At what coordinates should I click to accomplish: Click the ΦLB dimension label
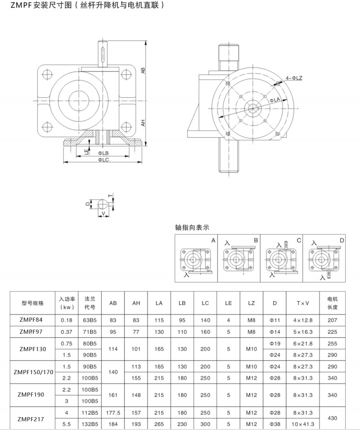[103, 153]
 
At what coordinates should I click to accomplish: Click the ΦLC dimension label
[104, 159]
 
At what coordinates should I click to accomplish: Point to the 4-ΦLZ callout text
[294, 78]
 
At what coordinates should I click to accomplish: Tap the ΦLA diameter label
[275, 100]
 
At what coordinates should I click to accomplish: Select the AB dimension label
[143, 70]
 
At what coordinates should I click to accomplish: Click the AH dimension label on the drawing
[143, 123]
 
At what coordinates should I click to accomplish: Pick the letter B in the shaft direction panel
[256, 240]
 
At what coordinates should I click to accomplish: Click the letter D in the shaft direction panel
[342, 240]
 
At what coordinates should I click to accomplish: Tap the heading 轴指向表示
[192, 227]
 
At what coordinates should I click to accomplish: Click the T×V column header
[303, 303]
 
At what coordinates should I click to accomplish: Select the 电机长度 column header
[332, 303]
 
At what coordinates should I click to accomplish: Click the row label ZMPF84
[31, 320]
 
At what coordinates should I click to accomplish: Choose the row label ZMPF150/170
[33, 372]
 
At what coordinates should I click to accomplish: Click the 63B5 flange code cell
[90, 320]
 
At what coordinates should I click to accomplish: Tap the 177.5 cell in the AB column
[113, 413]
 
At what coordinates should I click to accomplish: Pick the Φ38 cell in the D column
[275, 424]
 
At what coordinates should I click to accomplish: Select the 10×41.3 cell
[303, 424]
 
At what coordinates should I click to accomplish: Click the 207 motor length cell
[332, 320]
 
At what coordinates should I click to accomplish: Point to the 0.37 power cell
[67, 332]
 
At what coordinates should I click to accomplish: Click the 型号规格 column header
[33, 303]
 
